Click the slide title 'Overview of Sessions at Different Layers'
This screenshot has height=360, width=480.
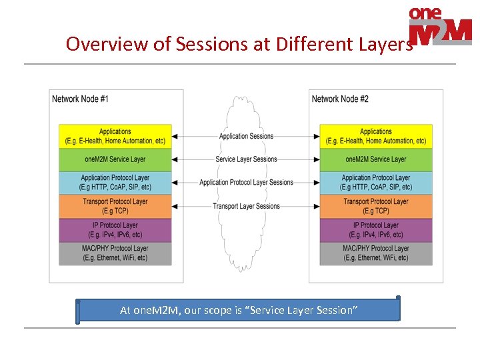tap(239, 44)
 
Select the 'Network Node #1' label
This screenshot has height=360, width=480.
tap(80, 99)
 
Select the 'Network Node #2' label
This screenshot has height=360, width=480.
tap(340, 99)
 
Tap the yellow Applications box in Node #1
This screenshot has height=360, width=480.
tap(115, 136)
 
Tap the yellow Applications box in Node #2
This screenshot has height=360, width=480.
tap(376, 136)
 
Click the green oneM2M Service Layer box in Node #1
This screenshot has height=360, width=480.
tap(115, 159)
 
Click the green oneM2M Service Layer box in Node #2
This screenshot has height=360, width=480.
tap(376, 159)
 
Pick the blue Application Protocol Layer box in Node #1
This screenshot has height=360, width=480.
tap(115, 183)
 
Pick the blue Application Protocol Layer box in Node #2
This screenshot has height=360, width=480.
tap(376, 183)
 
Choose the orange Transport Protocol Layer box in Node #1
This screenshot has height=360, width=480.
tap(115, 206)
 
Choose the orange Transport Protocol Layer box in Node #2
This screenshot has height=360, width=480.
tap(376, 206)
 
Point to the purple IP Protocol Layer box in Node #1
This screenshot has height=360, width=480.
tap(115, 230)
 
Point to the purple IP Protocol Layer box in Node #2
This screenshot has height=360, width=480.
tap(376, 230)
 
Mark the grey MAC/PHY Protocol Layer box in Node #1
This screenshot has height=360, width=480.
tap(115, 253)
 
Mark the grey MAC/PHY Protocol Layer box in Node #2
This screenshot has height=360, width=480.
tap(376, 253)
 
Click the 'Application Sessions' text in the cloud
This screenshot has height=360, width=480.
tap(246, 137)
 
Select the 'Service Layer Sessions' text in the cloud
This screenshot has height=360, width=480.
tap(246, 159)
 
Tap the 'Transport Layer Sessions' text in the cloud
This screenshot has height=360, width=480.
tap(246, 206)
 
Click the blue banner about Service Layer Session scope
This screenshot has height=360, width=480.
tap(239, 310)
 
